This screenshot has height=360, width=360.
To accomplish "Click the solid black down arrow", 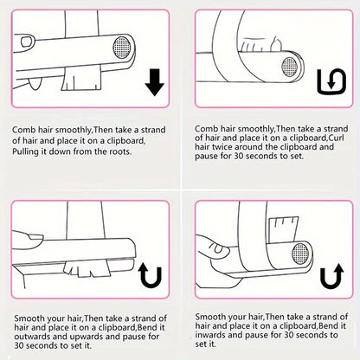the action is [155, 82].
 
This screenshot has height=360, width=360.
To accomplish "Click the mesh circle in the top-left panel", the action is [121, 47].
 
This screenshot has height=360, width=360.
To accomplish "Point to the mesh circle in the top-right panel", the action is [290, 67].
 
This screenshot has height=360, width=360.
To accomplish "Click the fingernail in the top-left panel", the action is [27, 42].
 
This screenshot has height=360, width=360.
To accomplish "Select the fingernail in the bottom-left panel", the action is [35, 237].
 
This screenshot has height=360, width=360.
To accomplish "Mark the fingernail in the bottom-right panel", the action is [218, 247].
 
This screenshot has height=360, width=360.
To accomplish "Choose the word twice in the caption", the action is [222, 147].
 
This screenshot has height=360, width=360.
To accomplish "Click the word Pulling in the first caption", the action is [25, 151].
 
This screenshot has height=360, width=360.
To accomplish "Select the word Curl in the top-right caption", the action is [336, 138].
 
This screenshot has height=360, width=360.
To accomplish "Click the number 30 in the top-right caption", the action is [238, 156].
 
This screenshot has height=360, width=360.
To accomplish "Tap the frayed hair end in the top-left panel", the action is [81, 79].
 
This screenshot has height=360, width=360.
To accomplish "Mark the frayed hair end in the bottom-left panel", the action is [87, 268].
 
